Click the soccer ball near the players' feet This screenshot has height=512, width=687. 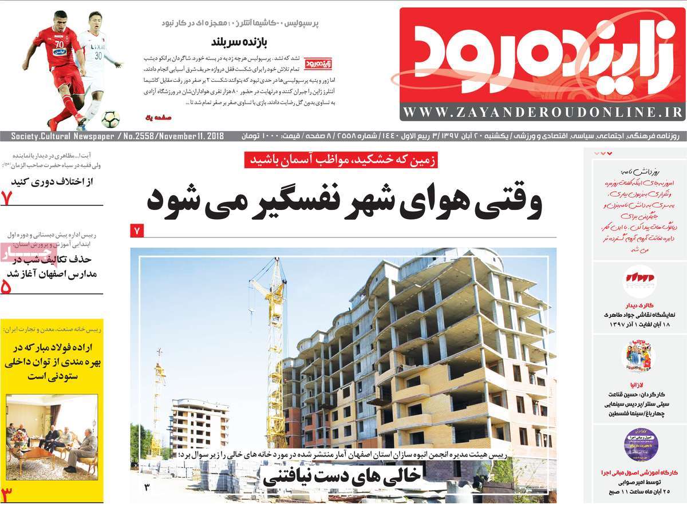110,119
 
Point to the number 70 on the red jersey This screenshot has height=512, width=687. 59,42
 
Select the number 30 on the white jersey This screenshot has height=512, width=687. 98,55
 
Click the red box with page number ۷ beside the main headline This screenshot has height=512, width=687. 137,231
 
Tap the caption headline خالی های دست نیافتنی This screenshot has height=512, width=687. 342,475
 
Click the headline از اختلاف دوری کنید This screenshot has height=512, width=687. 56,181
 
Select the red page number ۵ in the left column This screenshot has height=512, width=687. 7,287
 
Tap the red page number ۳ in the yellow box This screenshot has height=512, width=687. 7,493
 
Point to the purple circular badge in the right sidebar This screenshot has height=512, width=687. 641,444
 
